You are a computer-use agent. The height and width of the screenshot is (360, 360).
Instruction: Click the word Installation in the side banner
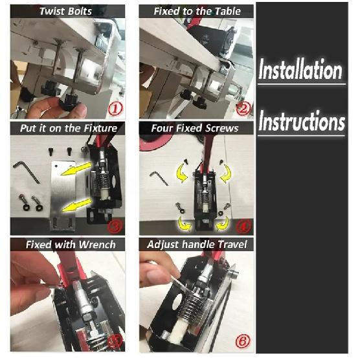click(x=300, y=69)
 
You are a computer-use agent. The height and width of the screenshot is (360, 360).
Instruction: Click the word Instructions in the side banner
click(x=302, y=121)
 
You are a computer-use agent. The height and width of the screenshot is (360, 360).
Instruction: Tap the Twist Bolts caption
click(x=65, y=11)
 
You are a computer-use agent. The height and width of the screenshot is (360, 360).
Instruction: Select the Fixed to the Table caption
click(x=197, y=11)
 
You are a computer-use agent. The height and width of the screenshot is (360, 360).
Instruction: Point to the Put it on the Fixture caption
click(x=69, y=128)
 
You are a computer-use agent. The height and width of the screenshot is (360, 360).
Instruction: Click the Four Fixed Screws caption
click(x=195, y=128)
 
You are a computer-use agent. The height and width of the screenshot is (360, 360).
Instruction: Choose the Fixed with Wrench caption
click(x=71, y=245)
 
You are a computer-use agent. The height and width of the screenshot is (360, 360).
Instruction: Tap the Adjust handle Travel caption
click(x=197, y=245)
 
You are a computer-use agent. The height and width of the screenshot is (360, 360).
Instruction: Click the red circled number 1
click(x=115, y=108)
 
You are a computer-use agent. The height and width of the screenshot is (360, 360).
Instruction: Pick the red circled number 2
click(x=243, y=108)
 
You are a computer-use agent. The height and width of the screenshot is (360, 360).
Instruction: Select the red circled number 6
click(x=242, y=341)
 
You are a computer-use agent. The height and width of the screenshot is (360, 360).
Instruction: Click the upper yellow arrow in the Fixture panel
click(x=76, y=169)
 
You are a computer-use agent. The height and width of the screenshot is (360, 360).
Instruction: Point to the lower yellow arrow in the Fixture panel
click(x=76, y=205)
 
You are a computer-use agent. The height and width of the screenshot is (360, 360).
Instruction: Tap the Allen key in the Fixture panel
click(x=27, y=172)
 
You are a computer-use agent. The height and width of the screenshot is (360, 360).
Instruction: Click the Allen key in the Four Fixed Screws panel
click(x=159, y=177)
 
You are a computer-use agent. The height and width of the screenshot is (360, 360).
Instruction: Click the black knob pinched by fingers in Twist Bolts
click(x=69, y=102)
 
